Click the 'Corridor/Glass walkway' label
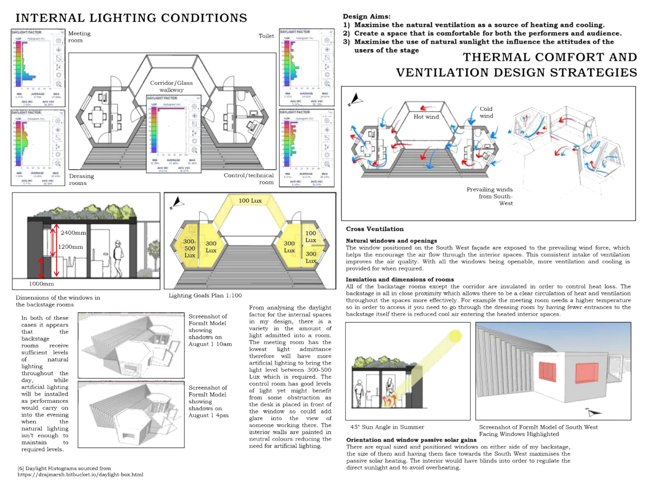click(171, 86)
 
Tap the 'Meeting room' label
click(79, 37)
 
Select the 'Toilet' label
click(266, 36)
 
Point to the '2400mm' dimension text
click(73, 233)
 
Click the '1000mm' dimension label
click(41, 284)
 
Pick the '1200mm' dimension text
click(70, 247)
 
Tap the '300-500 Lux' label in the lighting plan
click(190, 248)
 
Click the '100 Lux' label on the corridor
click(250, 201)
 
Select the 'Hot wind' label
click(426, 117)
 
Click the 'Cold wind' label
click(486, 112)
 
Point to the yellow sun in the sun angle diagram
click(455, 336)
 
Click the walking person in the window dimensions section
click(118, 258)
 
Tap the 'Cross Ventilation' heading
click(375, 229)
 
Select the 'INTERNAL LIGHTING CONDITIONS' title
click(131, 18)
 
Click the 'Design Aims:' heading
click(366, 16)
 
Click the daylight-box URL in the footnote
click(80, 475)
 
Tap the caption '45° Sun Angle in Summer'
click(387, 427)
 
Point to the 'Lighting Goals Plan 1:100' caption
click(205, 296)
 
